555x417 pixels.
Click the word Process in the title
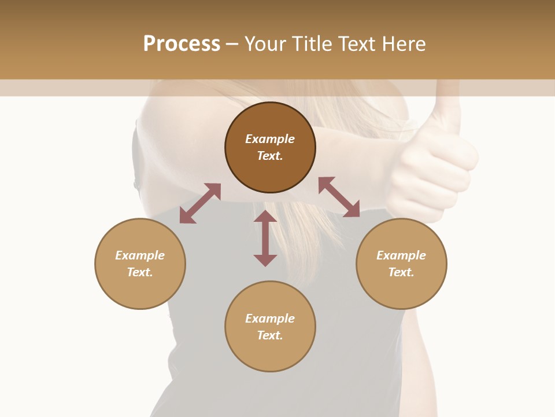click(182, 44)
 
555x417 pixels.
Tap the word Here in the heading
click(402, 44)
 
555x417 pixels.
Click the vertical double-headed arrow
click(265, 238)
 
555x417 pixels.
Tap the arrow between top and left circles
click(200, 203)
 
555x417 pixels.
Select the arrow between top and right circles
click(339, 197)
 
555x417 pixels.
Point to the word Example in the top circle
click(270, 139)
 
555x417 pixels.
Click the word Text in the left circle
click(140, 272)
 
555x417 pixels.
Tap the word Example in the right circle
click(401, 255)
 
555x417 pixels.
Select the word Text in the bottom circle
click(270, 335)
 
